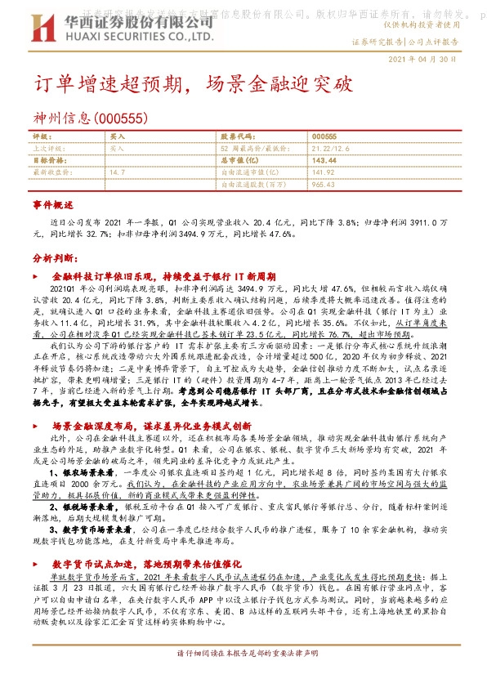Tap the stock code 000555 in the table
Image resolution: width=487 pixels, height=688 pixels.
324,136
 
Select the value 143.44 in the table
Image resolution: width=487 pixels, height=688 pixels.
324,161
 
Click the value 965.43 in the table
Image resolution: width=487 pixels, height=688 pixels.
324,185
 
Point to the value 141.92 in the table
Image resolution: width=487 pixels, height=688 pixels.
324,172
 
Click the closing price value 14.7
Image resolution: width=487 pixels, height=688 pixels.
117,172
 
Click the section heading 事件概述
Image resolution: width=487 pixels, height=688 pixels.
53,203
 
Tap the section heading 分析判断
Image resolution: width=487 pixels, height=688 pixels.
53,257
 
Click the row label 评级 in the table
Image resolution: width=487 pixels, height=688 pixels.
42,136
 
